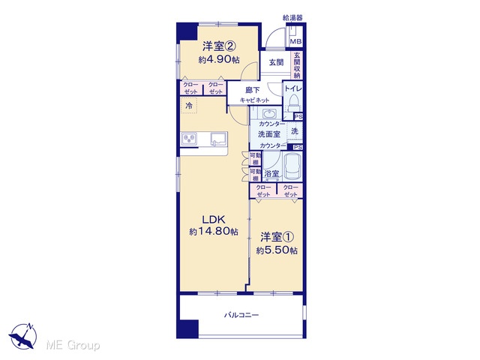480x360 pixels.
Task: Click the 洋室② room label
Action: (218, 46)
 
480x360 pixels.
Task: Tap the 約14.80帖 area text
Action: (214, 232)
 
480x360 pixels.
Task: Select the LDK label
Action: (213, 219)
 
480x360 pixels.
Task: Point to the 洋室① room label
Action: (277, 237)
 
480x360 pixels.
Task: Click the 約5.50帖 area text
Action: (277, 250)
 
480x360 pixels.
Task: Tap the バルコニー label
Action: (241, 315)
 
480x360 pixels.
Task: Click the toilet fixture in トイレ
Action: (294, 102)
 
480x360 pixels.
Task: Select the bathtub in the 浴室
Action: (292, 166)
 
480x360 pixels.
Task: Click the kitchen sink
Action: (218, 139)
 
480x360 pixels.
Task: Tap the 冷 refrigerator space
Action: (189, 106)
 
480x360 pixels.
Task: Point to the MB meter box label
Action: (295, 41)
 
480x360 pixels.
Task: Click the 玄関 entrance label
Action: (276, 62)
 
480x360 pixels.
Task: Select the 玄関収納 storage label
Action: (297, 65)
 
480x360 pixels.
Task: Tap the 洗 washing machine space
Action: (295, 131)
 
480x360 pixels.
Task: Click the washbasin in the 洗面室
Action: (269, 113)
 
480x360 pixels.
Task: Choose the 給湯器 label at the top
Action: (292, 18)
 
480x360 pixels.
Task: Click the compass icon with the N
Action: (23, 336)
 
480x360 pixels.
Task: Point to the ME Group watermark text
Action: (73, 345)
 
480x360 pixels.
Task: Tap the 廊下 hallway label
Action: (253, 90)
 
